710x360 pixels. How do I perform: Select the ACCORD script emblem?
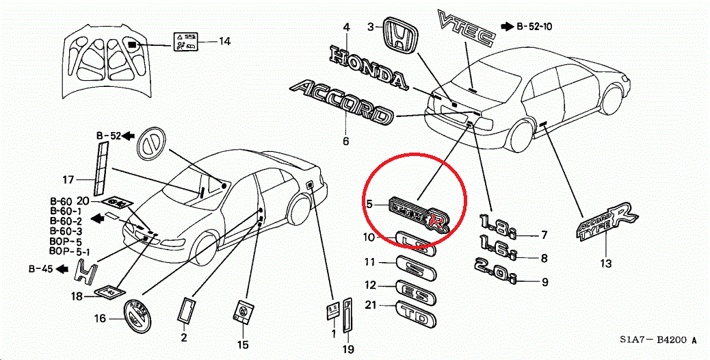click(x=342, y=103)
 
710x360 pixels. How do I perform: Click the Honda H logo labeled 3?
click(x=399, y=34)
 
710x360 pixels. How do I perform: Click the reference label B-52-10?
click(x=534, y=27)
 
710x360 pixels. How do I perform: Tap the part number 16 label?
click(x=100, y=318)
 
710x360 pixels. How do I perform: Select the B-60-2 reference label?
click(x=66, y=222)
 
